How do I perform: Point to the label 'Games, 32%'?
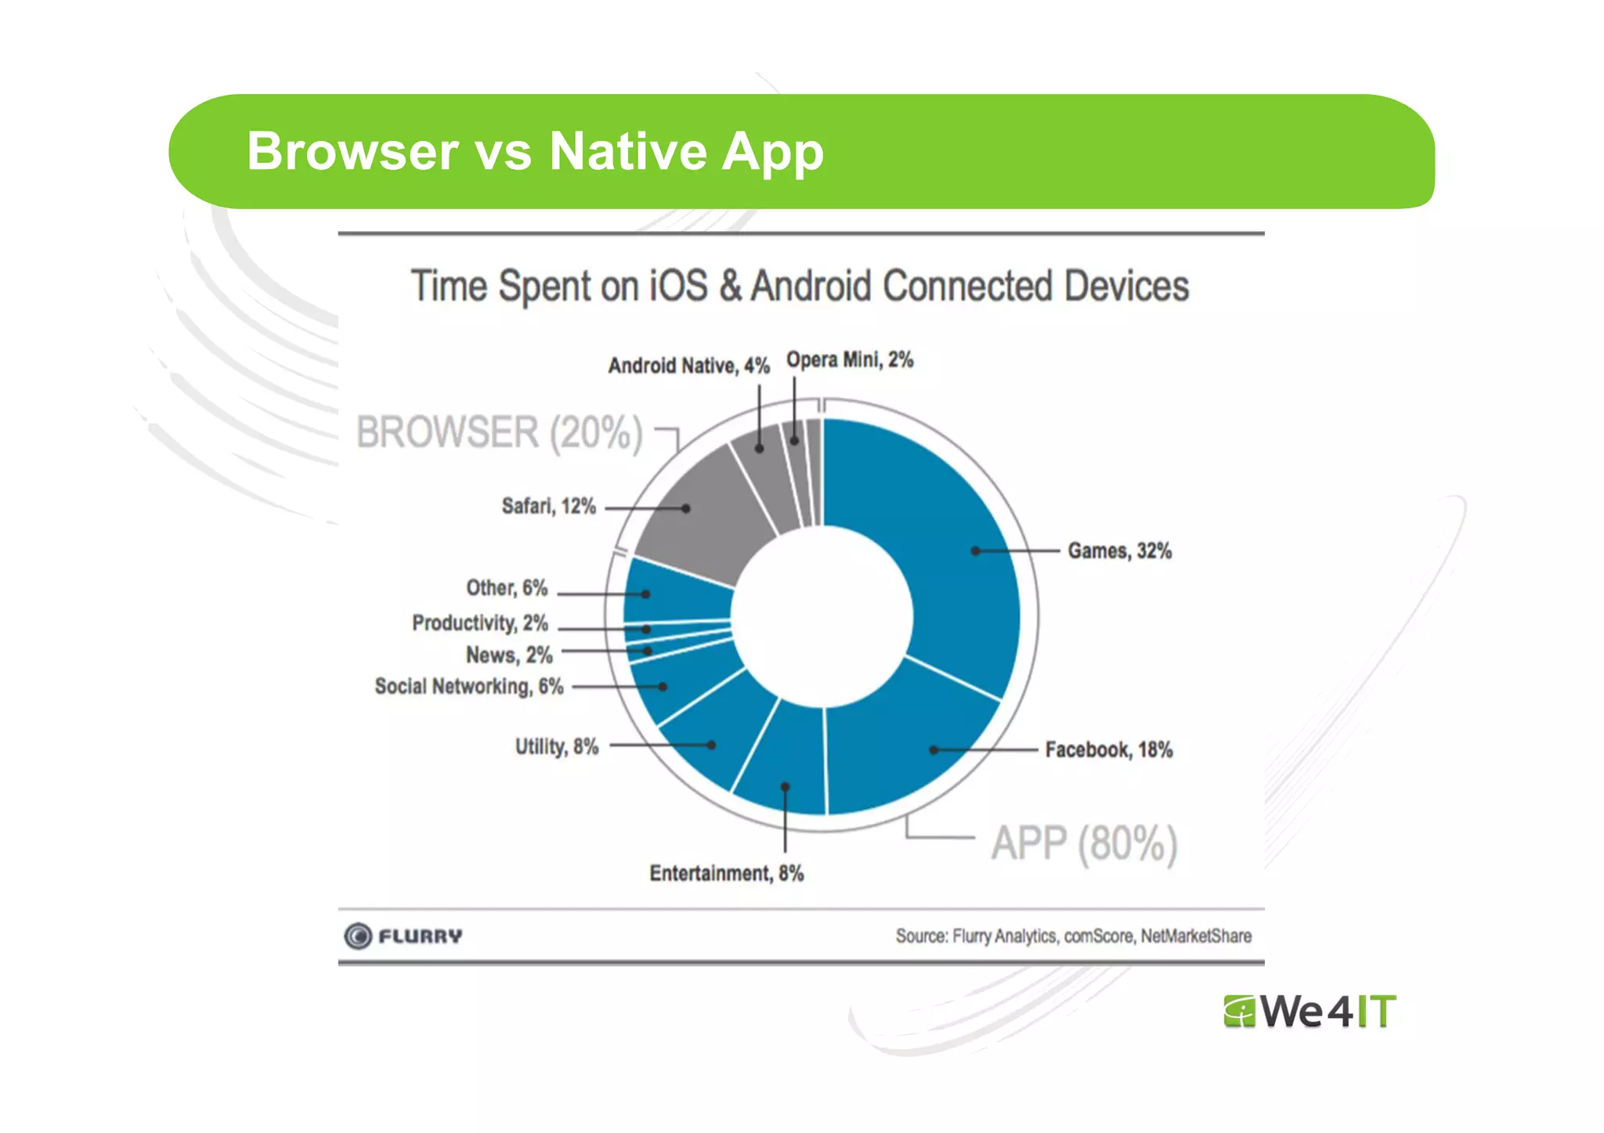1119,551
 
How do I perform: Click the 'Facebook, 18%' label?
1108,750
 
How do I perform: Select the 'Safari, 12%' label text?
548,507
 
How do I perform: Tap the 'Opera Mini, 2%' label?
850,360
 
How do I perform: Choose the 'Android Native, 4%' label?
688,366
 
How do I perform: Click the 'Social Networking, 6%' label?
468,687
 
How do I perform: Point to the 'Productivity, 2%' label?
479,623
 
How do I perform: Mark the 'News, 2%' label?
509,655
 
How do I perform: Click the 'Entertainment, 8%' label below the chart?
726,873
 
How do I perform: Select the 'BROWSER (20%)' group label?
499,433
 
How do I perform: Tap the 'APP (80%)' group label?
1084,844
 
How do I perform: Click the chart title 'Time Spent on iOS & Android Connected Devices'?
800,286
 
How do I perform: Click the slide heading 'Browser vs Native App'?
535,150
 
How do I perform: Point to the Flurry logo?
403,936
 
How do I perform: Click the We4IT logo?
1310,1011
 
